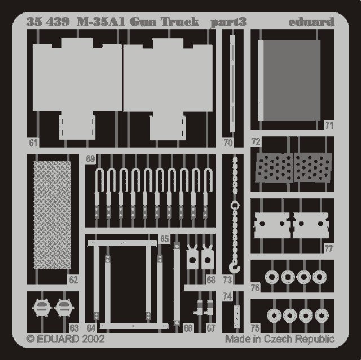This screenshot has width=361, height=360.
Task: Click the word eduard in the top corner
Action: pyautogui.click(x=311, y=22)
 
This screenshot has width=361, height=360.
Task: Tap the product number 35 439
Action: pyautogui.click(x=48, y=22)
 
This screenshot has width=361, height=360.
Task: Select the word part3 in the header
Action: pyautogui.click(x=228, y=23)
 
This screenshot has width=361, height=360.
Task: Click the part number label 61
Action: pyautogui.click(x=33, y=143)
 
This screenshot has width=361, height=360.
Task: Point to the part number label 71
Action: pyautogui.click(x=329, y=126)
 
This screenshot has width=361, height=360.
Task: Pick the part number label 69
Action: pyautogui.click(x=90, y=159)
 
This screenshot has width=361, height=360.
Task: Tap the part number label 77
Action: pyautogui.click(x=329, y=248)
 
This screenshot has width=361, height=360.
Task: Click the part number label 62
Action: pyautogui.click(x=73, y=280)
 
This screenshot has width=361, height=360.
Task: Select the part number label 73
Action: pyautogui.click(x=227, y=280)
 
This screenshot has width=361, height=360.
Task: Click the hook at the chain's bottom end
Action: pyautogui.click(x=235, y=267)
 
